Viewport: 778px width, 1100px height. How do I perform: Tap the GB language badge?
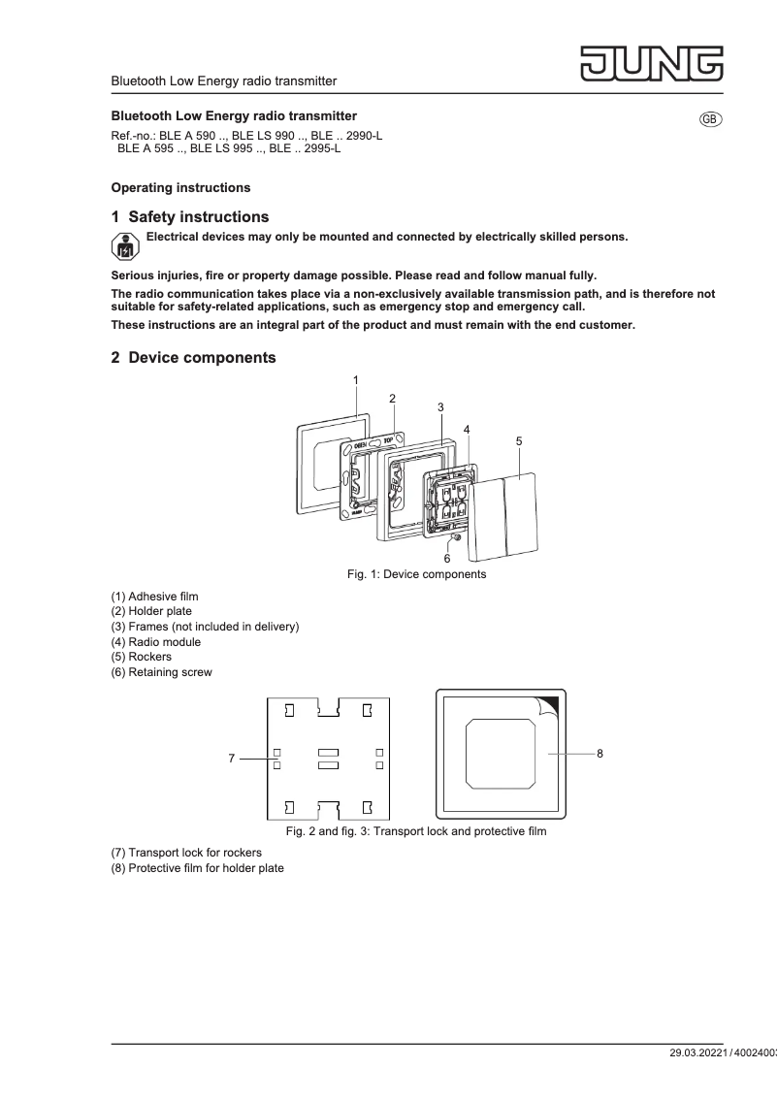point(710,118)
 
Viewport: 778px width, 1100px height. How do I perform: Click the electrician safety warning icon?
point(125,246)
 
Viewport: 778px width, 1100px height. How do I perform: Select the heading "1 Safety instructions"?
point(190,217)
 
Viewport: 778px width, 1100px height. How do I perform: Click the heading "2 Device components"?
point(193,358)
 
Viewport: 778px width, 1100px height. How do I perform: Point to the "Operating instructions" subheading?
point(180,187)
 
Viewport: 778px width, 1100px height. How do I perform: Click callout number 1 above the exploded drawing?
point(356,379)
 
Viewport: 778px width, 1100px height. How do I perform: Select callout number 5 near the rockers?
point(519,440)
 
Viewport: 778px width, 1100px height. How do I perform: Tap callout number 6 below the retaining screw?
point(447,559)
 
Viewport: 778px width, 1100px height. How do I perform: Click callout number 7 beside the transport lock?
point(231,759)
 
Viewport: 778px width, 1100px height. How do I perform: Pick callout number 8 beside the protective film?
point(600,753)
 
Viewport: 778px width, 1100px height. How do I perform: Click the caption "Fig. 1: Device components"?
point(416,574)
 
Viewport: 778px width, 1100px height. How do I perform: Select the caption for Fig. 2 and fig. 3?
point(415,831)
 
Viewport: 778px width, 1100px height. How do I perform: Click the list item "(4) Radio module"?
point(156,642)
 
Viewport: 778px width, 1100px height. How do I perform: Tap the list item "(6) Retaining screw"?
point(161,672)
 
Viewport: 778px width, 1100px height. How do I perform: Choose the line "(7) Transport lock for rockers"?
point(186,853)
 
